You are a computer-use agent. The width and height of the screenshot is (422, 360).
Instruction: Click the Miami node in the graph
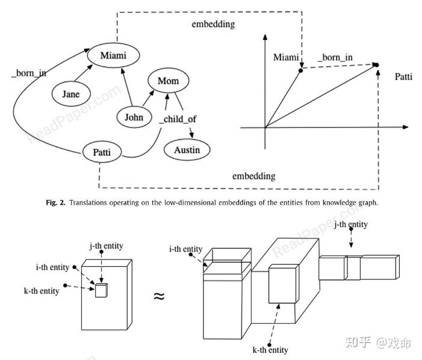point(113,56)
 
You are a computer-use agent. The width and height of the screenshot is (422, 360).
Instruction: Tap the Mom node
point(168,81)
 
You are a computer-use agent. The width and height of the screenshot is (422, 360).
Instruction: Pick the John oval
point(134,117)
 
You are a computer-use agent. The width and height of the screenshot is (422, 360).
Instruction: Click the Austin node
point(188,149)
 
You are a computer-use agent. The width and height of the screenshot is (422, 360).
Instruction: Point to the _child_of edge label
point(176,118)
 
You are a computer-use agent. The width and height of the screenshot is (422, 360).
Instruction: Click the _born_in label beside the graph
point(29,74)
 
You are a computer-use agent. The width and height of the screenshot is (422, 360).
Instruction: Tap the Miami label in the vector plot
point(286,57)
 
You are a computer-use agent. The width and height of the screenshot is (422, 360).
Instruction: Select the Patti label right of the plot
point(404,77)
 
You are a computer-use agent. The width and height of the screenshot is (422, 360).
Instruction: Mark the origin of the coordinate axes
point(265,128)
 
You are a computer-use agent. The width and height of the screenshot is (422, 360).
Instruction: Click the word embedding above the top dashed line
point(213,25)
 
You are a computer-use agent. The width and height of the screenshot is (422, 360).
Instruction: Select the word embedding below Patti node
point(254,176)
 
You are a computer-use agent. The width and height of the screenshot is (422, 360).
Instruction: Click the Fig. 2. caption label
point(58,203)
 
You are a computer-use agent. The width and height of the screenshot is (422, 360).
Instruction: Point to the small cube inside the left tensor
point(101,290)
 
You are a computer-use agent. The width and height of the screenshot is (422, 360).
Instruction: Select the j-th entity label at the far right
point(350,225)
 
